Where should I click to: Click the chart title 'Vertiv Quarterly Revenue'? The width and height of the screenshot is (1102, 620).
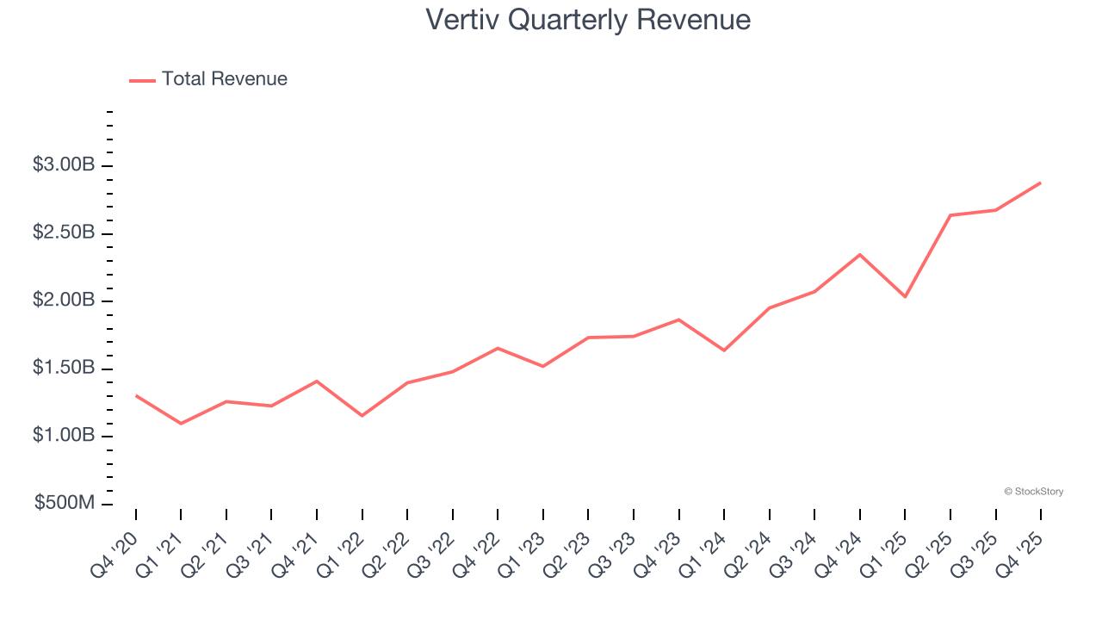click(588, 20)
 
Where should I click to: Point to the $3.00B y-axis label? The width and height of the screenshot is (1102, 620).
click(64, 165)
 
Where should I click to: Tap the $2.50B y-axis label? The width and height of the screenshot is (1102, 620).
click(64, 233)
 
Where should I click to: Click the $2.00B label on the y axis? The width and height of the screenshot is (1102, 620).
click(64, 301)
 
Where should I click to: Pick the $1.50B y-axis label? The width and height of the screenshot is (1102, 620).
click(64, 369)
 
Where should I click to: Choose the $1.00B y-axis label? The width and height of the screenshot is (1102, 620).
click(64, 436)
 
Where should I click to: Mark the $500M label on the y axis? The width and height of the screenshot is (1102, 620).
click(65, 504)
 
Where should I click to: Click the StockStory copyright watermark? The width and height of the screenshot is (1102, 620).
click(1033, 492)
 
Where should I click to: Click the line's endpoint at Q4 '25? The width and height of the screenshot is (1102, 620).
click(1041, 183)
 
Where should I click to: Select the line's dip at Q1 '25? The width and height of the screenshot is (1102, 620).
click(905, 297)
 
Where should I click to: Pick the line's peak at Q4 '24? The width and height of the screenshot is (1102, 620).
click(860, 254)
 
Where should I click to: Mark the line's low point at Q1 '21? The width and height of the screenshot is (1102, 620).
click(181, 424)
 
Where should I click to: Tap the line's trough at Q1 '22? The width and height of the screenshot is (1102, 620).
click(362, 416)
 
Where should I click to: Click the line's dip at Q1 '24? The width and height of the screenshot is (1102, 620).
click(724, 350)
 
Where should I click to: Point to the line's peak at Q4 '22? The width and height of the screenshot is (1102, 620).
click(498, 348)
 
